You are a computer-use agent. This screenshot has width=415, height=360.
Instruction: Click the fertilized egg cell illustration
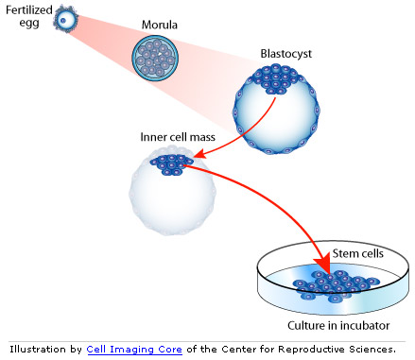click(x=64, y=18)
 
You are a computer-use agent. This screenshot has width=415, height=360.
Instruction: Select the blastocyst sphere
click(x=276, y=110)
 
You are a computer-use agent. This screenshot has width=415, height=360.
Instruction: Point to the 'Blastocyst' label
click(x=285, y=54)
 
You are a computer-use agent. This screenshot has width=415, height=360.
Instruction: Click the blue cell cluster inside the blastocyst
click(x=274, y=82)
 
